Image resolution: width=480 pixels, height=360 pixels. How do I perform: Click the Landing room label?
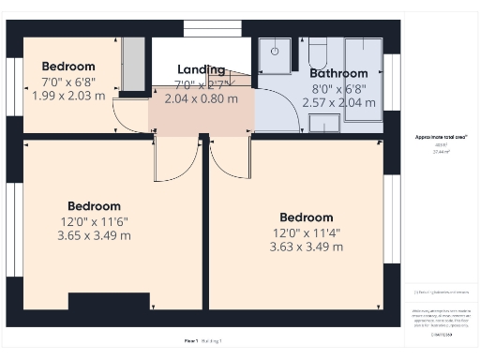tap(201, 69)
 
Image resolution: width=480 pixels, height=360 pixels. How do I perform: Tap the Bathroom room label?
tap(338, 73)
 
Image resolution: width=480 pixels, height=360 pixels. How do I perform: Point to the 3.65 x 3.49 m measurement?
tap(94, 235)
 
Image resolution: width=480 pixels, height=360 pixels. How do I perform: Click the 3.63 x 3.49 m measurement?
tap(306, 247)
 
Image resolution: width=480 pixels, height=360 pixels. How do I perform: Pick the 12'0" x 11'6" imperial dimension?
tap(94, 221)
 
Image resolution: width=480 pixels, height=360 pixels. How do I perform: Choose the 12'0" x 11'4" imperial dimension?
tap(306, 232)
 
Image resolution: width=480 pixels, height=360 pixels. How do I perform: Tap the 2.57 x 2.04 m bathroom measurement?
tap(338, 101)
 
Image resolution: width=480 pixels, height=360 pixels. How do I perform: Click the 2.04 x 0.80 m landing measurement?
tap(201, 97)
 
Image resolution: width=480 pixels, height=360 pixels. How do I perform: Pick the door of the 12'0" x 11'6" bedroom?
tap(173, 159)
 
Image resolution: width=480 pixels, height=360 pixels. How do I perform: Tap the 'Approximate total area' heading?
tap(441, 137)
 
